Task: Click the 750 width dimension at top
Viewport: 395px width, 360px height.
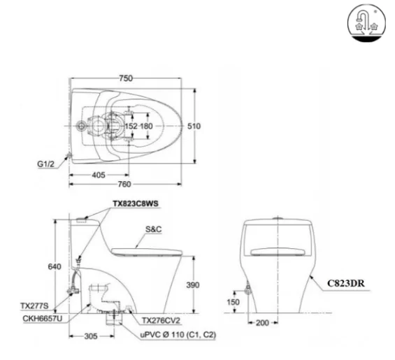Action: [125, 78]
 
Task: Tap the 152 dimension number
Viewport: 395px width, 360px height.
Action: [131, 126]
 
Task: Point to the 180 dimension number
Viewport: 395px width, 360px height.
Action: [146, 126]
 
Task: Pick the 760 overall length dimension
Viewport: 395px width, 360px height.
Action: [125, 185]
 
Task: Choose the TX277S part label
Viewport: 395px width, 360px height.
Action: [33, 305]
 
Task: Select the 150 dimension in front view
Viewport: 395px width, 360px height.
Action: [231, 301]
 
